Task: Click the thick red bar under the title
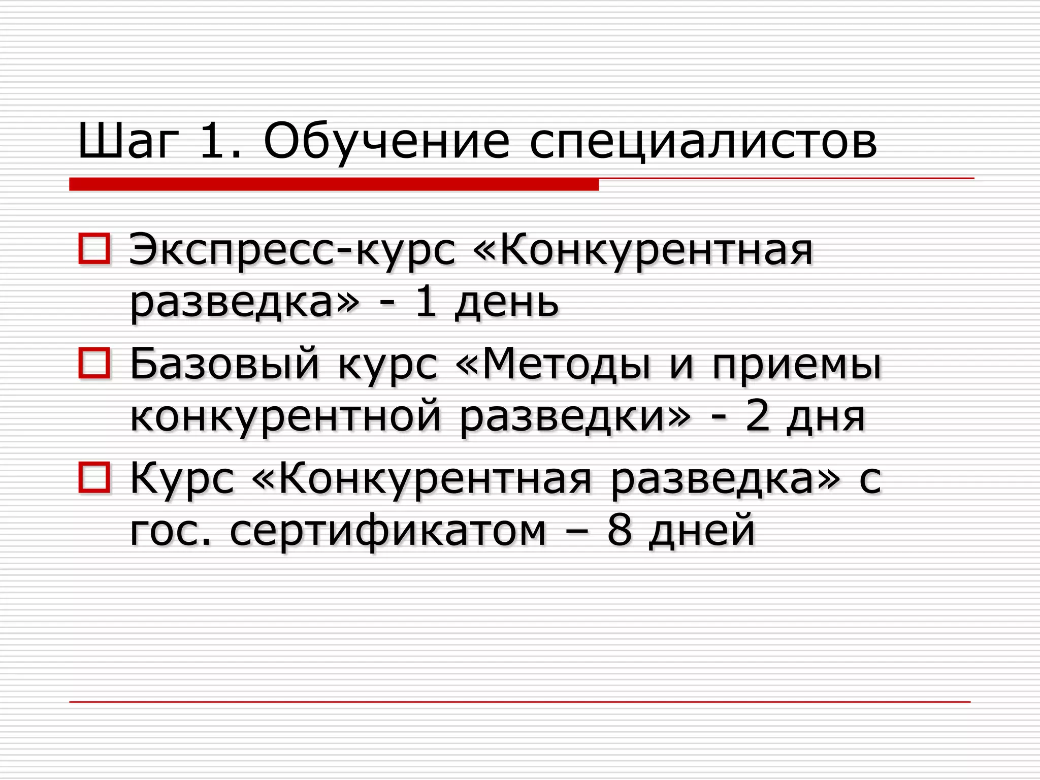point(334,184)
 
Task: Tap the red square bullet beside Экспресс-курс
point(94,249)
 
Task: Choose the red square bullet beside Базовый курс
point(94,363)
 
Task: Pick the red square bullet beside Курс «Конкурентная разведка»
point(94,477)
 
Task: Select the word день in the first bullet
point(506,303)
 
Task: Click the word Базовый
point(224,364)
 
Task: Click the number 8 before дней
point(619,530)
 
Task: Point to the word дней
point(702,530)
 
